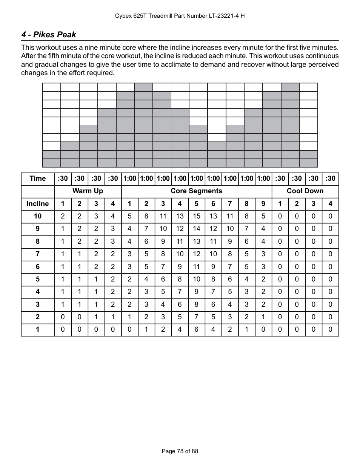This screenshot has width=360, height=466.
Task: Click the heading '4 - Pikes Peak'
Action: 49,35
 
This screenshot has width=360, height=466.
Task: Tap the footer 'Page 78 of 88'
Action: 180,451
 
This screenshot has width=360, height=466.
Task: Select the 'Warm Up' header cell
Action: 88,191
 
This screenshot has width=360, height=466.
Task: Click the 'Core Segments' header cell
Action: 196,191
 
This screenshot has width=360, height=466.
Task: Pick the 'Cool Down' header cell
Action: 305,191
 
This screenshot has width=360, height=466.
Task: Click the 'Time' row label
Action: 38,178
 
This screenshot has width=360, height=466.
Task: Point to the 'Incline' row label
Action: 38,204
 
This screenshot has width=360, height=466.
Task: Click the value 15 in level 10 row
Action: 196,216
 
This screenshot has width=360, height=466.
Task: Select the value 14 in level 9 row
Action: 196,229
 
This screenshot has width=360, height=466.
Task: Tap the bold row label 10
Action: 38,216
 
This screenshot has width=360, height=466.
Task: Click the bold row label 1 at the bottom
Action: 38,329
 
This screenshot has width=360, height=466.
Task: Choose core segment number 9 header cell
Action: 263,204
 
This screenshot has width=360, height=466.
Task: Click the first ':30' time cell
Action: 63,178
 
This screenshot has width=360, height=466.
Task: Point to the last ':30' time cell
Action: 330,178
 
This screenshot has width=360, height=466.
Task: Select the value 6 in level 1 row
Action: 196,329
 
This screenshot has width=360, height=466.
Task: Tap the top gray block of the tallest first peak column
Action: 143,87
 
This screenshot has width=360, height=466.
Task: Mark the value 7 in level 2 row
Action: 196,317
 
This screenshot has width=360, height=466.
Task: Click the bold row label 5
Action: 38,279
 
